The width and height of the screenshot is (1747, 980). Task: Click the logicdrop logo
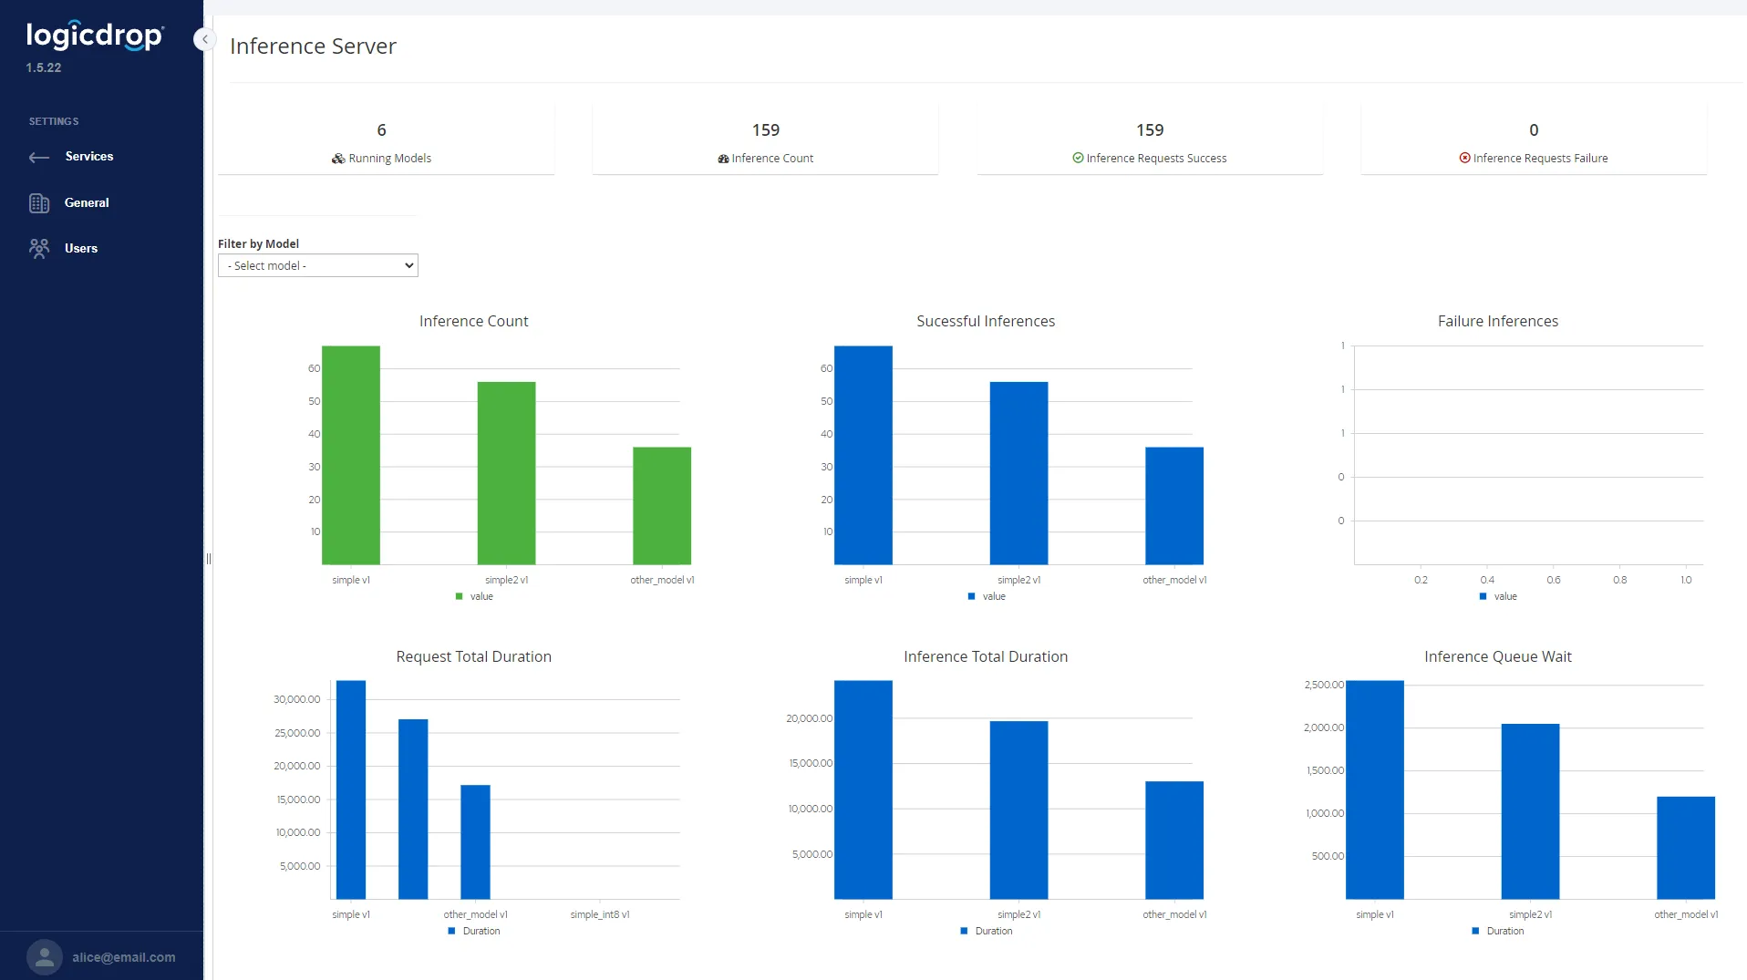coord(95,36)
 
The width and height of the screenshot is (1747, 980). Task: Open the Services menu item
coord(88,157)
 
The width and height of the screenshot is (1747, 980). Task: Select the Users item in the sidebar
coord(80,248)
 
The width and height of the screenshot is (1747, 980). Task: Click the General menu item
coord(86,202)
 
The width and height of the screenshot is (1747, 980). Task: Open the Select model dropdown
coord(317,265)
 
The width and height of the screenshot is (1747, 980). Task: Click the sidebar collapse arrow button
coord(204,39)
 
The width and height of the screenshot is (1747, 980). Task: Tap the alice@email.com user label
coord(123,957)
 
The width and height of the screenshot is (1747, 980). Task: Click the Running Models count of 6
coord(381,130)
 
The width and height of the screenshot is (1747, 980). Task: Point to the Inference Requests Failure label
coord(1539,159)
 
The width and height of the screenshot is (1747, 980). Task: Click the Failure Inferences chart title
coord(1497,321)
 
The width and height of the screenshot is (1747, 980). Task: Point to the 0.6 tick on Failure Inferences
coord(1554,580)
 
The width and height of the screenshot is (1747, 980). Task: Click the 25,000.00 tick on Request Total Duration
coord(297,733)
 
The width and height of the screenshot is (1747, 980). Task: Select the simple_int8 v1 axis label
coord(599,914)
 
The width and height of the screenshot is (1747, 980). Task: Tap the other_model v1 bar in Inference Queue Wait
coord(1685,847)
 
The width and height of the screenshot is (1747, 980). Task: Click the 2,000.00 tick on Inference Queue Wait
coord(1323,727)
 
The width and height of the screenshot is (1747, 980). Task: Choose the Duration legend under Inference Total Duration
coord(992,931)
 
